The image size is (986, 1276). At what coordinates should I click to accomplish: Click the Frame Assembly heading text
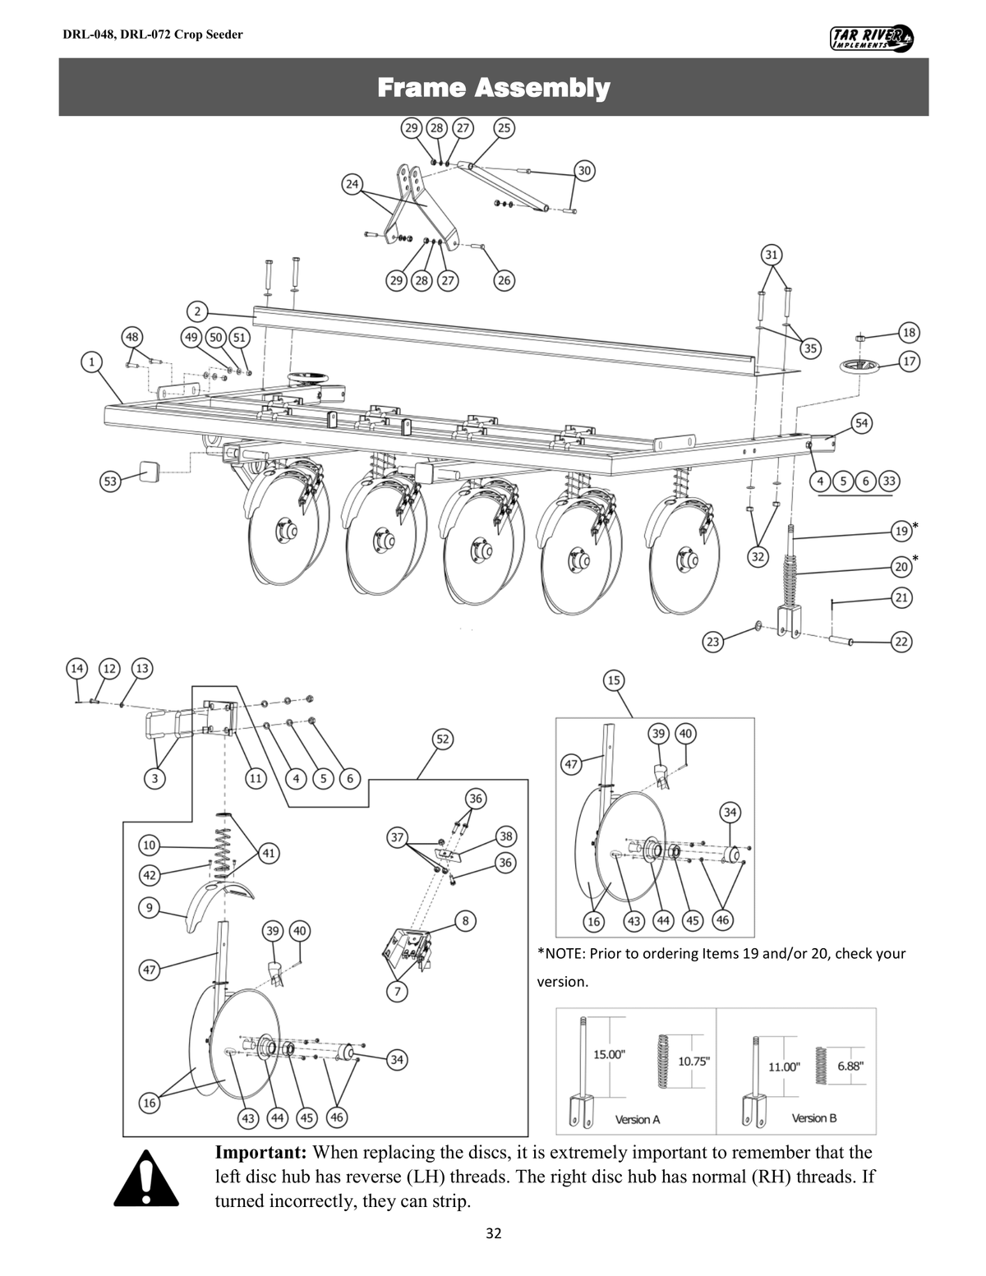[493, 87]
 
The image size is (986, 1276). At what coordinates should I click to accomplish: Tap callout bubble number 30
[584, 171]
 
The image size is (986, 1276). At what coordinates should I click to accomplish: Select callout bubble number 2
[198, 311]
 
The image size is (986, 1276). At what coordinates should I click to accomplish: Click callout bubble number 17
[909, 361]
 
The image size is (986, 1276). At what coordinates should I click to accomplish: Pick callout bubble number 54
[861, 423]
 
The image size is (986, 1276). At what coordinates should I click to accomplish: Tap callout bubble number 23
[713, 641]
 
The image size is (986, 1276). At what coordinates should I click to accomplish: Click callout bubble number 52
[442, 739]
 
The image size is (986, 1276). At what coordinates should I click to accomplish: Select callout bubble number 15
[614, 680]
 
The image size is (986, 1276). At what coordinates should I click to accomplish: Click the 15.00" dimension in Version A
[608, 1054]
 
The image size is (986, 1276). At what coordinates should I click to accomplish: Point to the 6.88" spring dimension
[850, 1066]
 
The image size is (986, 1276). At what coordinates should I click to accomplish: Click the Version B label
[813, 1118]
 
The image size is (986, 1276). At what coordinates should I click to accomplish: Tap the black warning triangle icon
[146, 1177]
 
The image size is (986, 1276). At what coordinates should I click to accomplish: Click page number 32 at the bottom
[493, 1232]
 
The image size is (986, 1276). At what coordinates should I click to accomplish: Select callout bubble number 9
[149, 908]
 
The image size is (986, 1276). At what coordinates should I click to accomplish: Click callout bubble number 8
[465, 919]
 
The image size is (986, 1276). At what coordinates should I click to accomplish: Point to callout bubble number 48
[132, 336]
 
